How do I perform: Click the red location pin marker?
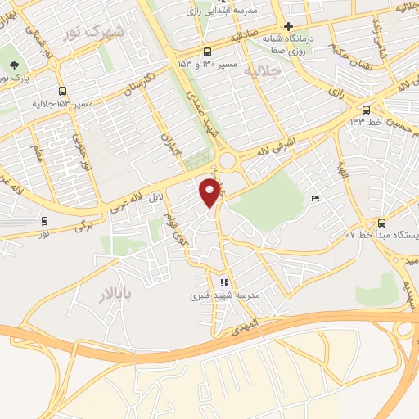210,193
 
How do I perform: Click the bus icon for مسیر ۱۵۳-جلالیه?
63,92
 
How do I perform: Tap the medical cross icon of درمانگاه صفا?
288,26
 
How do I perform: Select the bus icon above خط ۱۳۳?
366,110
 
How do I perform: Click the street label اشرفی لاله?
274,149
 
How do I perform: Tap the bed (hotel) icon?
316,199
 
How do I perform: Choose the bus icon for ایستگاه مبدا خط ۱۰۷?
381,223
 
